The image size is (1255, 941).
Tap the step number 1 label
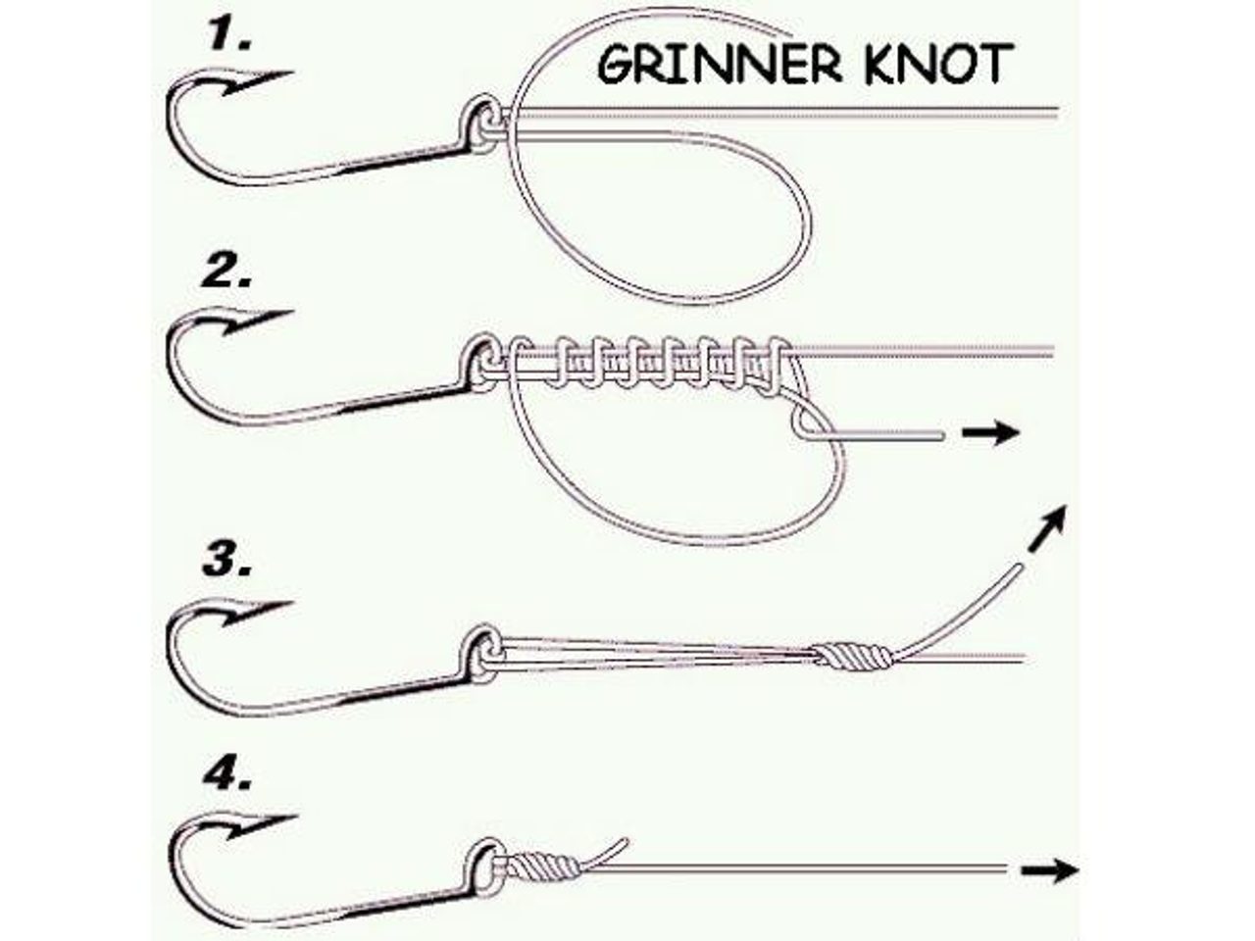(x=229, y=35)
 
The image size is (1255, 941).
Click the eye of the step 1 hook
(x=479, y=122)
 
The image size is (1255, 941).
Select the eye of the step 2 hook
(x=479, y=361)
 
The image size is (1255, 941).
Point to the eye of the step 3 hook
(x=479, y=653)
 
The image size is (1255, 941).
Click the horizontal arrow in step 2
(x=990, y=433)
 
